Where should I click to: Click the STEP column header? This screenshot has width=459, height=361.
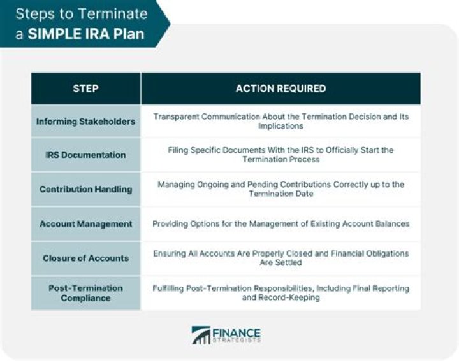[85, 88]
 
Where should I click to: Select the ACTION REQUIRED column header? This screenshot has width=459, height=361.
[280, 88]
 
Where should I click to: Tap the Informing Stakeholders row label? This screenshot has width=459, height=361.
[85, 121]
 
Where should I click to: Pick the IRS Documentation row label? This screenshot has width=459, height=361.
[85, 155]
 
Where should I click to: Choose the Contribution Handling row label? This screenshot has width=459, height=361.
[85, 189]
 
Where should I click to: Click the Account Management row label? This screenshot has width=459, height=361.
[85, 223]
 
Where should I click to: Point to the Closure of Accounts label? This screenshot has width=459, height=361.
[85, 258]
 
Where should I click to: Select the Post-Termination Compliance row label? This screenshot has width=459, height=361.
[85, 293]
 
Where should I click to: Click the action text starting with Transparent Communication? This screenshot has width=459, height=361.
[280, 121]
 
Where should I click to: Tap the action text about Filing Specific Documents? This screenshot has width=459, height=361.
[280, 155]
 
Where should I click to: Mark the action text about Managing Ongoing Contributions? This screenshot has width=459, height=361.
[280, 189]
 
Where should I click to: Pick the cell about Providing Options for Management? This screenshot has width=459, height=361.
[280, 223]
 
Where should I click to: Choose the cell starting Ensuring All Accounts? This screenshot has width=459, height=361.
[280, 258]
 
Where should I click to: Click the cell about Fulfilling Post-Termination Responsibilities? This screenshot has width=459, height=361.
[280, 293]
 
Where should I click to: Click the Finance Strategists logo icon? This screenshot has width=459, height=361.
[201, 336]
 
